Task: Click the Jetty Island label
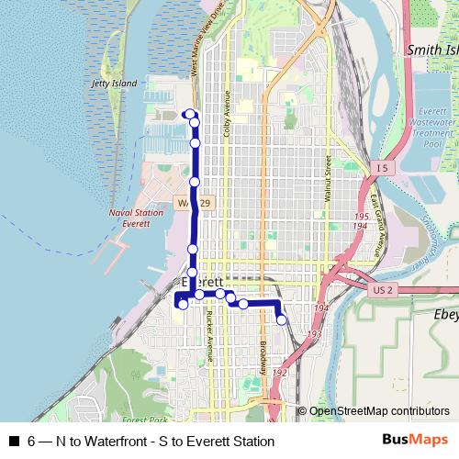point(115,84)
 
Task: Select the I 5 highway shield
point(382,168)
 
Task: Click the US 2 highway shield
point(385,290)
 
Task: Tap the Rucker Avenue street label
point(209,336)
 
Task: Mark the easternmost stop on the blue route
point(281,319)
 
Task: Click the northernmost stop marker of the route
point(189,114)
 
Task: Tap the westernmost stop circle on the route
point(183,304)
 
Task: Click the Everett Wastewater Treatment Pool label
point(431,128)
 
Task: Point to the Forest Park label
point(142,420)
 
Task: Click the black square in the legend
point(13,442)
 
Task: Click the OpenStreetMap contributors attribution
point(378,411)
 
